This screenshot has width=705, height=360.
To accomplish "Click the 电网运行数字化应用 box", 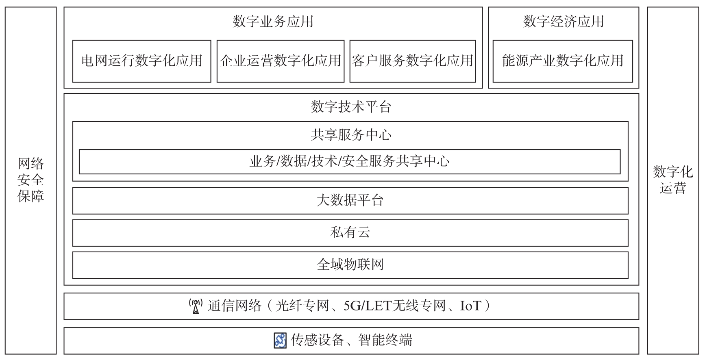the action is point(141,61).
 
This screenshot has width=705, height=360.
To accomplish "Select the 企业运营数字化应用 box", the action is point(281,61).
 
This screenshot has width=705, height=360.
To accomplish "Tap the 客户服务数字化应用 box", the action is point(413,61).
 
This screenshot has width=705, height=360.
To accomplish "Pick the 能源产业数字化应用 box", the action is point(563,61).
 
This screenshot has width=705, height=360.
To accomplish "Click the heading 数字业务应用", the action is point(273,21).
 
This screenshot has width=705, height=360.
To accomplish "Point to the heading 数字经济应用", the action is point(564,21).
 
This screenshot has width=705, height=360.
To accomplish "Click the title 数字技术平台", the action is point(351,107).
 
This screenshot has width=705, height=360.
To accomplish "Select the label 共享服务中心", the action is point(351,135).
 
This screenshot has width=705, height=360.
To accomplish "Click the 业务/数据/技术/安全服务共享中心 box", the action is point(350,162).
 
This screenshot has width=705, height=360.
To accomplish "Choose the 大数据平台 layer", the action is point(350,201).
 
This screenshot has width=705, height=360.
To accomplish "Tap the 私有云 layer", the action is point(350,233).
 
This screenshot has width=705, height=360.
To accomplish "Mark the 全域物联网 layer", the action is point(350,265).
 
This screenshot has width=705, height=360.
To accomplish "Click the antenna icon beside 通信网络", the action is point(196,306).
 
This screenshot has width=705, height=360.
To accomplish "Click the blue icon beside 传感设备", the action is point(280,340).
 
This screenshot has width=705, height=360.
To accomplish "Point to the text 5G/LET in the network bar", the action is point(367,306).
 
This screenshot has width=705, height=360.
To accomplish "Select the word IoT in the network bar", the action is point(470,306).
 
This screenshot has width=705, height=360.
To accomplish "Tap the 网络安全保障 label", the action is point(31,180).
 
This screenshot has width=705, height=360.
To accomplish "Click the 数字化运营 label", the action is point(673,180).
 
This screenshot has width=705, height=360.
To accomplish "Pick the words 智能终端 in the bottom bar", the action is point(385,340).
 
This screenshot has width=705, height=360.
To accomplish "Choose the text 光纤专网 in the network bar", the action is point(302,306).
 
